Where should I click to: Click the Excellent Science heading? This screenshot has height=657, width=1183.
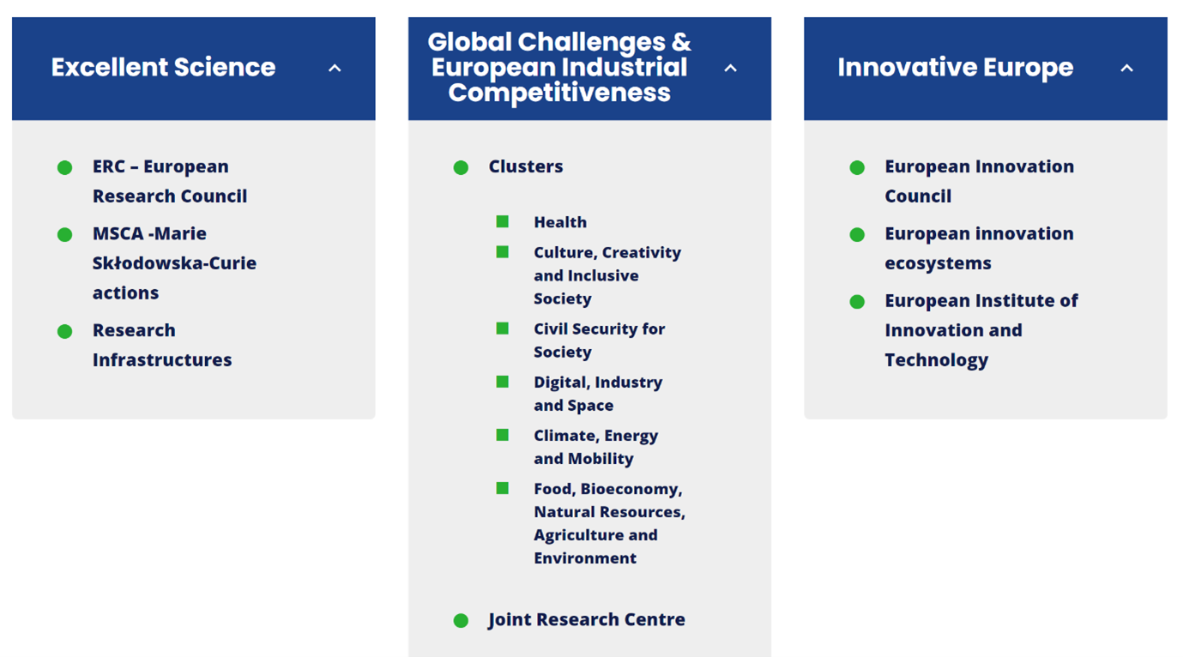click(x=163, y=68)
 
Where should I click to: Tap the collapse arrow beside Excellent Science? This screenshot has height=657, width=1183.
click(x=335, y=68)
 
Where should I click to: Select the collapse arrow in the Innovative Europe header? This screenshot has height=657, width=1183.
click(x=1126, y=68)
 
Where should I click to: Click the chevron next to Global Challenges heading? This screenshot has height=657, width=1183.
click(x=730, y=68)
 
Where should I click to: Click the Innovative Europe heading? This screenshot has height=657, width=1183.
click(x=956, y=68)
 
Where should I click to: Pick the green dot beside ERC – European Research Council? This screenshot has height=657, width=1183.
click(x=65, y=167)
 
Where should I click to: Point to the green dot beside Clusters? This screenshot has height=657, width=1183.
click(x=461, y=167)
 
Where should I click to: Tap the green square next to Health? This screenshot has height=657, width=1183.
click(x=502, y=221)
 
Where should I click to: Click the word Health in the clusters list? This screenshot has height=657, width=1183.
click(x=560, y=222)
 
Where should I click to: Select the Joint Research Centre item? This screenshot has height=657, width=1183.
click(x=587, y=619)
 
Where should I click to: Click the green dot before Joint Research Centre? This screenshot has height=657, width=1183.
click(x=461, y=621)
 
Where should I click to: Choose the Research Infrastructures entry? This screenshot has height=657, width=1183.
click(x=162, y=345)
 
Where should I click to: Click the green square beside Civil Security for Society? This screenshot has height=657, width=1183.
click(x=502, y=328)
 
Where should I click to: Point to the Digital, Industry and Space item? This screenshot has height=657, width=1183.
click(x=598, y=394)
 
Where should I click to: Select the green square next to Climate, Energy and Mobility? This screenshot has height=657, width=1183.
click(x=502, y=435)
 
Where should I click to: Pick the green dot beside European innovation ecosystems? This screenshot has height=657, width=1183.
click(x=857, y=234)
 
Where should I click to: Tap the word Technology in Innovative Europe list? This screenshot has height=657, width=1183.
click(x=937, y=360)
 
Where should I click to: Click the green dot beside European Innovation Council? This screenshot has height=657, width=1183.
click(x=857, y=167)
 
